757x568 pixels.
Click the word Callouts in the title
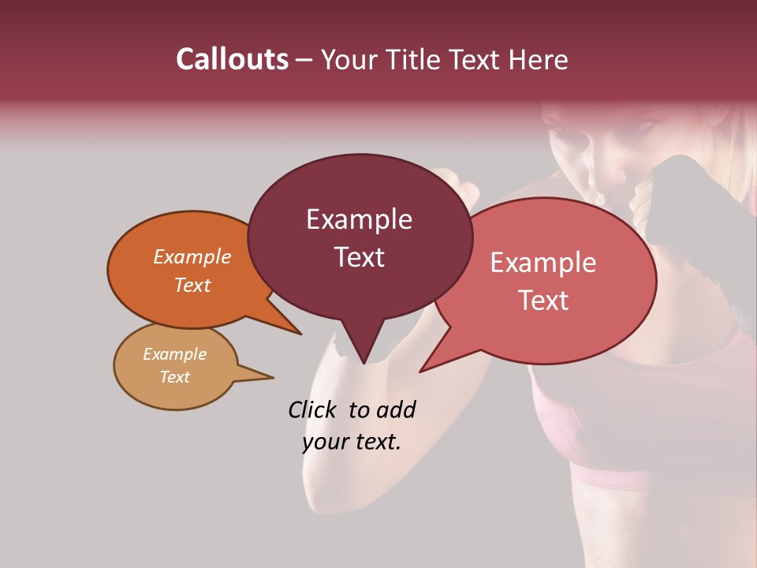click(x=232, y=60)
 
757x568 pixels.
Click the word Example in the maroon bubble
click(x=359, y=219)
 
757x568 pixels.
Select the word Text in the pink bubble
click(x=544, y=301)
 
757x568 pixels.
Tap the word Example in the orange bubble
click(x=192, y=257)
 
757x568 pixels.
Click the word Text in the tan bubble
click(x=175, y=377)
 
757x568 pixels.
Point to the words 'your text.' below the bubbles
click(x=352, y=442)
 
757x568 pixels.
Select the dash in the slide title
click(x=305, y=60)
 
